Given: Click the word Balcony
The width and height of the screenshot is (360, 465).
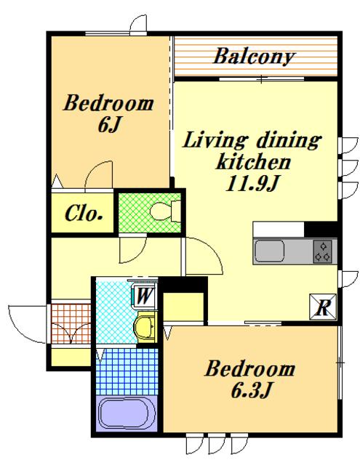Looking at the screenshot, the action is tap(254, 57).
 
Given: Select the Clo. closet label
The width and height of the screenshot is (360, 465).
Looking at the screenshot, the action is tap(84, 213).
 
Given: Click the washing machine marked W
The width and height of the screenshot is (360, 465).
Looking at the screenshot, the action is tap(145, 296).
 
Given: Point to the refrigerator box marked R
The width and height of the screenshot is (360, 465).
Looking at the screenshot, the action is tap(323, 307).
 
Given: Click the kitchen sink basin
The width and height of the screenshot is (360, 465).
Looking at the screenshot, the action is tap(269, 251).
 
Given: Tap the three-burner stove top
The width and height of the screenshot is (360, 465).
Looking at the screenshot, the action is tap(323, 251).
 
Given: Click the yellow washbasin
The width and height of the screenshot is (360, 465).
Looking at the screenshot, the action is tap(145, 327).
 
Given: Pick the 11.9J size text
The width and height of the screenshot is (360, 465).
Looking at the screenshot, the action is tap(252, 184).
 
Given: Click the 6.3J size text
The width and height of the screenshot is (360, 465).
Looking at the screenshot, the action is tap(250, 391).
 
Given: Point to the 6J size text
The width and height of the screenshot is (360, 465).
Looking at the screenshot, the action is tap(108, 126).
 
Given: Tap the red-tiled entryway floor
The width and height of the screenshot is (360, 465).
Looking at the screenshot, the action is tap(71, 323).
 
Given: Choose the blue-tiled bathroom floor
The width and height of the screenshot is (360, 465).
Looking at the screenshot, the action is tap(127, 371).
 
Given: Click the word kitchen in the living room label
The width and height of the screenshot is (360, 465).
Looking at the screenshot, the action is tap(253, 162).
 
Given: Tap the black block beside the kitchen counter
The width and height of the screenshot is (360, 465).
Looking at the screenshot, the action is tap(321, 229).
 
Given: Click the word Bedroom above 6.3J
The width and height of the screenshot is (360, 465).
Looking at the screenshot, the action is tap(250, 368).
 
